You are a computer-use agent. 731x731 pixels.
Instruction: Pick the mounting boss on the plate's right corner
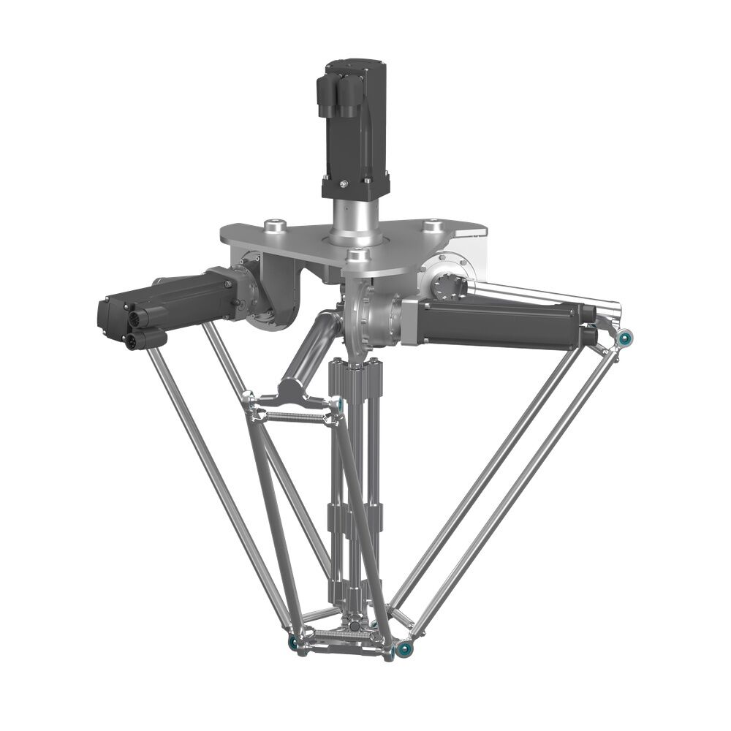433,225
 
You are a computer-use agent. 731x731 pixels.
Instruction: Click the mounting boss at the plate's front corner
356,256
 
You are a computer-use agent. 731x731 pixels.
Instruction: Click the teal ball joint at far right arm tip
626,338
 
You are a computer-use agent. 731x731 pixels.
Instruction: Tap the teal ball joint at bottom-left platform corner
293,643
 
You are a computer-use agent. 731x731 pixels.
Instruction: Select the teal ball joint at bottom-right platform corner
401,649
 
